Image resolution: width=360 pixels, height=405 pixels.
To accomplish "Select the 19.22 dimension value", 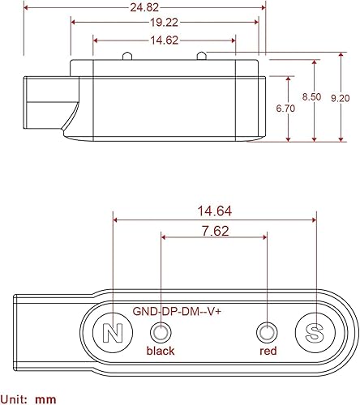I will (x=164, y=24).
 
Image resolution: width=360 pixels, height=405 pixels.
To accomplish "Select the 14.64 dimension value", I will (x=214, y=211).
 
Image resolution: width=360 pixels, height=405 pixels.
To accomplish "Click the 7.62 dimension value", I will (x=214, y=230).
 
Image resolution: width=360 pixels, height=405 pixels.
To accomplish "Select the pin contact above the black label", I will (x=161, y=331).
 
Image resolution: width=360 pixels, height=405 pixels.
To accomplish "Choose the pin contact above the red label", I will (x=266, y=331).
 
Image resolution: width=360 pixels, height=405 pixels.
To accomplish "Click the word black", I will (x=160, y=352).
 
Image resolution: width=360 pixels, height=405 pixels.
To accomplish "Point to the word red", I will (x=268, y=352).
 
